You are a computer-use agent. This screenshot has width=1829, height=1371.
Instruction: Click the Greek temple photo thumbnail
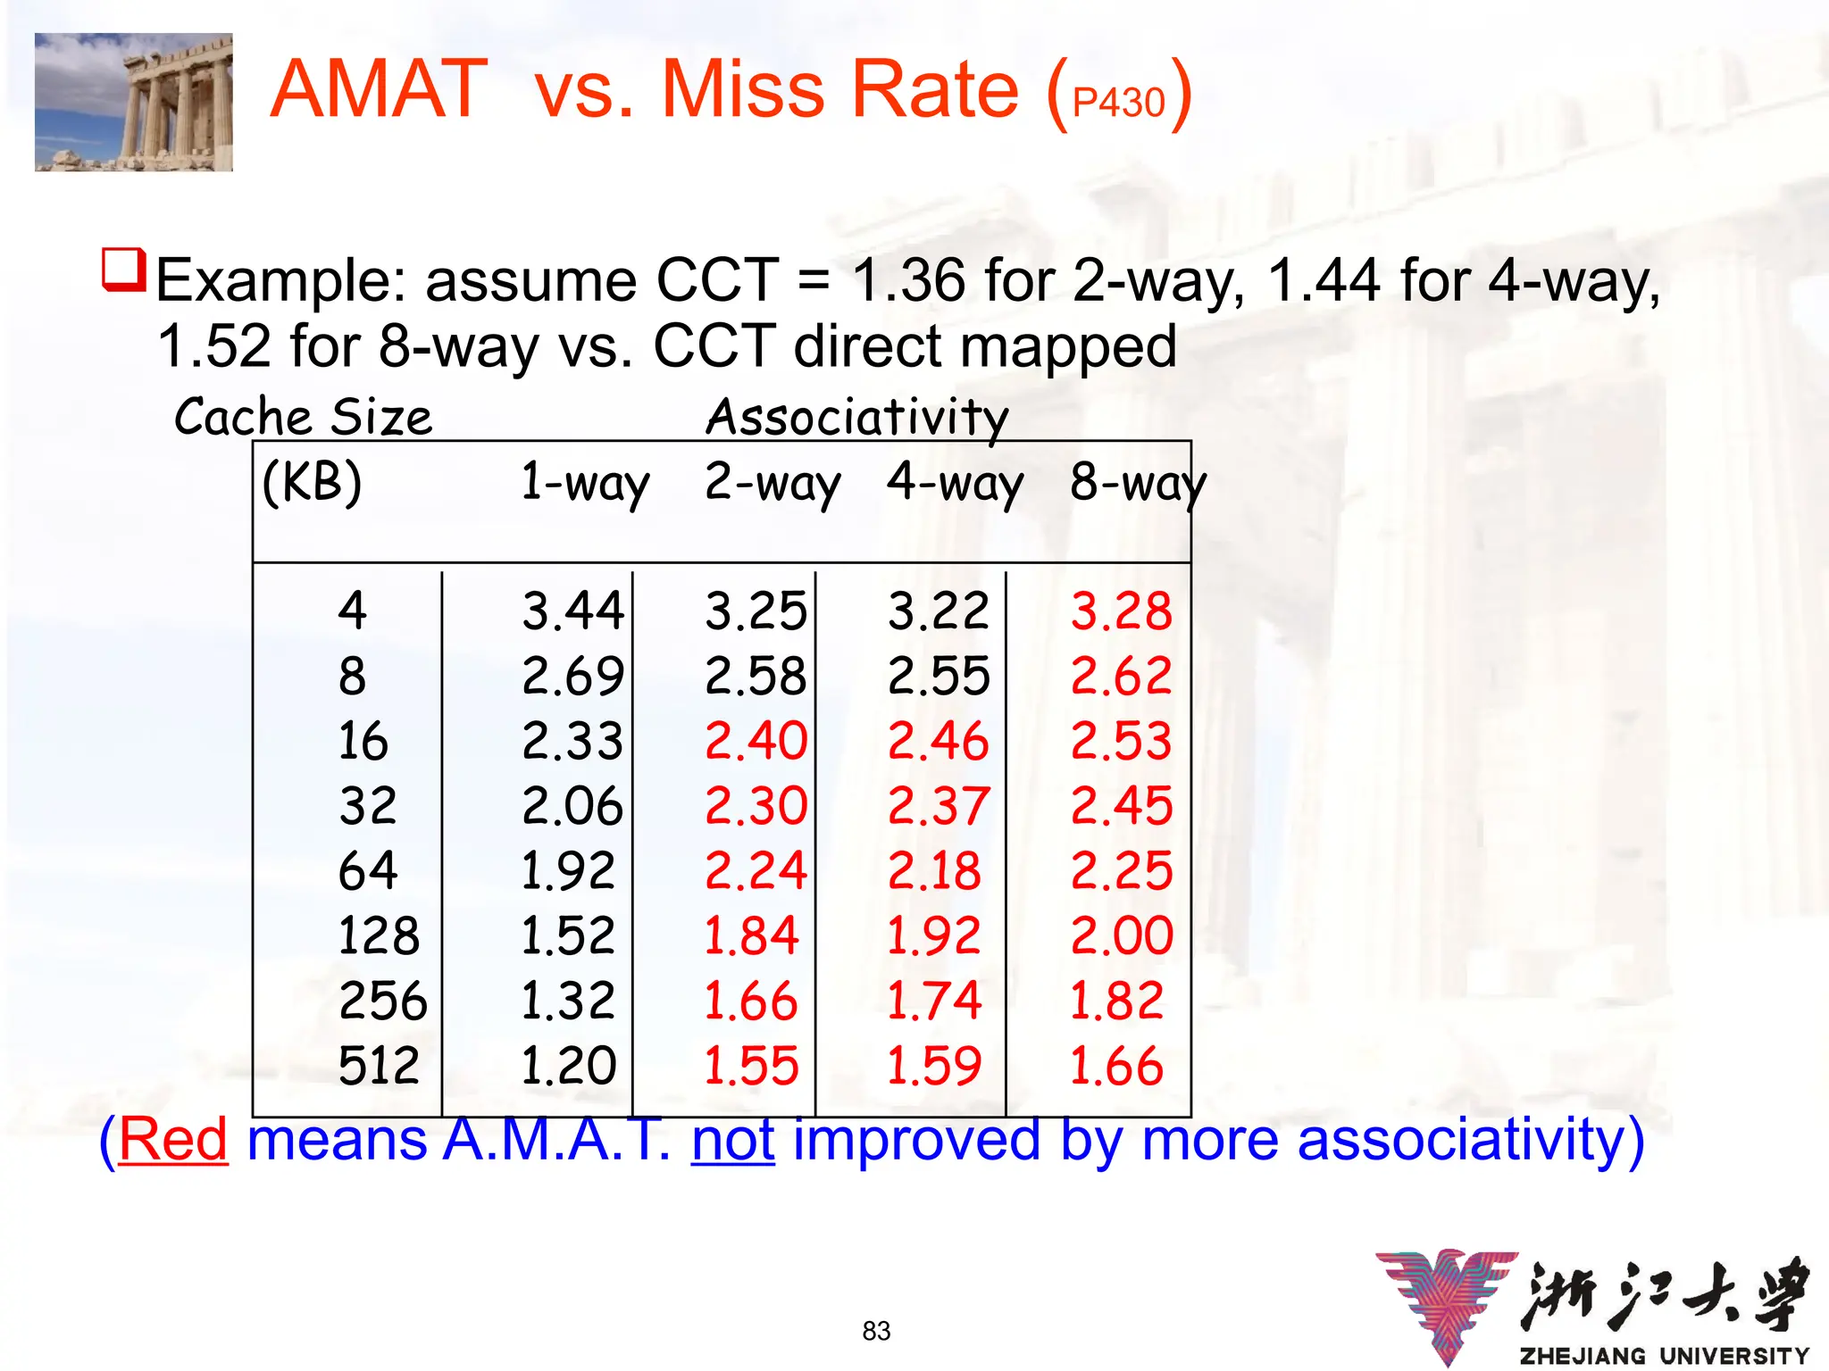[x=134, y=102]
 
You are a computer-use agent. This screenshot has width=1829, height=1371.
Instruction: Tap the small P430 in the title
[x=1118, y=104]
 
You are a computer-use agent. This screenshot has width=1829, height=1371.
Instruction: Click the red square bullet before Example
[x=123, y=270]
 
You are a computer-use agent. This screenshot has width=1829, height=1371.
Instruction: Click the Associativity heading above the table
[x=857, y=417]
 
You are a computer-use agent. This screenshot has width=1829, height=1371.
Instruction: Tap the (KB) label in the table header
[x=312, y=482]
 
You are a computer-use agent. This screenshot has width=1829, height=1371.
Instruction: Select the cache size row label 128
[x=379, y=935]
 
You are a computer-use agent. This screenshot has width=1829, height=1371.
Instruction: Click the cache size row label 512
[x=379, y=1065]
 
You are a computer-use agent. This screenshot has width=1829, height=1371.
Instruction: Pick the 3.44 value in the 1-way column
[x=572, y=611]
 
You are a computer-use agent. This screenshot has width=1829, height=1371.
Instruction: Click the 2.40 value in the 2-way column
[x=756, y=741]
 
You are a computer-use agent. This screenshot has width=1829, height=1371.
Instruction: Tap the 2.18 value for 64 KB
[x=934, y=870]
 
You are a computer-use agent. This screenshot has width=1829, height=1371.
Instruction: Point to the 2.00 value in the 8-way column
[x=1122, y=935]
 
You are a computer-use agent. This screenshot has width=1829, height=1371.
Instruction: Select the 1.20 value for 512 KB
[x=568, y=1065]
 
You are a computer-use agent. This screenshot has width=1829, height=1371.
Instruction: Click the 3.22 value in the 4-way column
[x=939, y=611]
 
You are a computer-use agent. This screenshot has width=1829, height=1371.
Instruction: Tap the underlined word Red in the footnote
[x=173, y=1140]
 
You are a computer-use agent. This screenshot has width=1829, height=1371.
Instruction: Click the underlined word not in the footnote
[x=733, y=1140]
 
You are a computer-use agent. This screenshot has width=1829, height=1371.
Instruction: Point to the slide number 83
[x=876, y=1331]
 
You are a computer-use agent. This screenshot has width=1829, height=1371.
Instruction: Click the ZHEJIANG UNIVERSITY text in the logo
[x=1665, y=1356]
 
